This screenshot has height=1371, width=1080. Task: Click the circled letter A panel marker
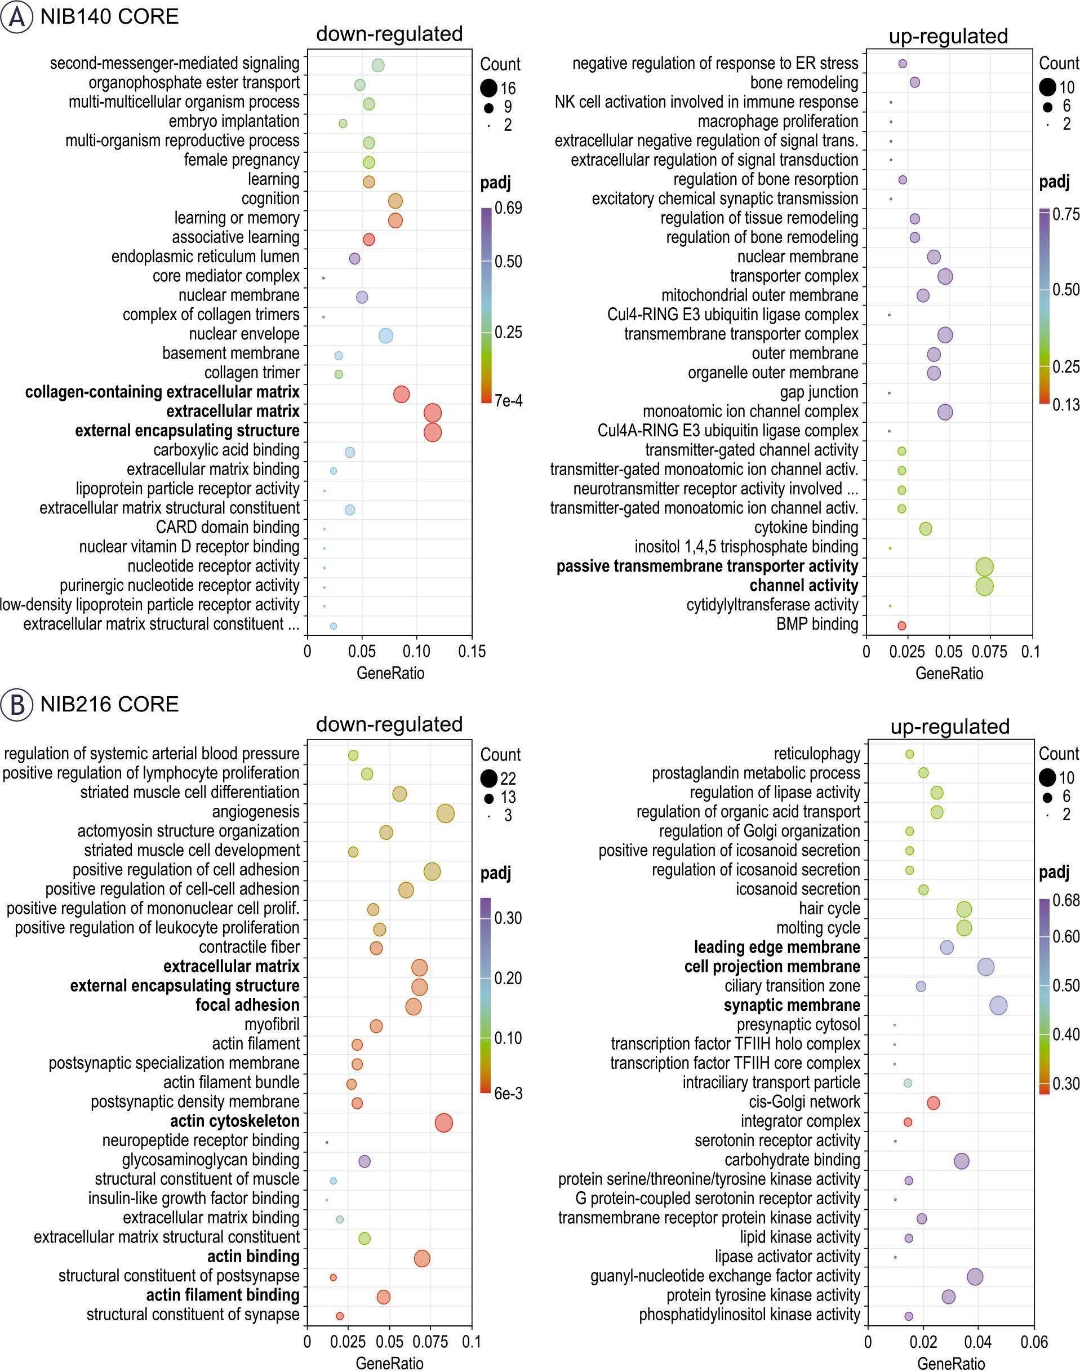coord(16,17)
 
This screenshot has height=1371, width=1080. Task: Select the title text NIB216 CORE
coord(109,704)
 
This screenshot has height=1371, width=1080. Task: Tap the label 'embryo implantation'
coord(233,121)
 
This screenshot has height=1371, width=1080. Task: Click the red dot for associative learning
coord(368,239)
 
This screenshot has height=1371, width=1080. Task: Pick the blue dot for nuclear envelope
coord(386,336)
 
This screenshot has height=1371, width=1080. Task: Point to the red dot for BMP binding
coord(901,626)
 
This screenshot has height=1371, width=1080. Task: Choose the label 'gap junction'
coord(819,392)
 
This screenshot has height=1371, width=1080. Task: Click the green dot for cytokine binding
coord(926,529)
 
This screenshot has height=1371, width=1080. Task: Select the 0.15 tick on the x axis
coord(472,652)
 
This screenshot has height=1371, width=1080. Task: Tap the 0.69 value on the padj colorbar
coord(508,208)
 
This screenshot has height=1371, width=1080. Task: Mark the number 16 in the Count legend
coord(508,89)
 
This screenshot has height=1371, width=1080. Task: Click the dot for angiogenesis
coord(446,813)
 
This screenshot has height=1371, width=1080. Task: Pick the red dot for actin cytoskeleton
coord(444,1123)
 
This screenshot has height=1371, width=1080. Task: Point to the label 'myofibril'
coord(272,1024)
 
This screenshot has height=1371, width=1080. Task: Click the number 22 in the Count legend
coord(508,779)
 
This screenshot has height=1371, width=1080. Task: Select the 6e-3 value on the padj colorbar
coord(508,1093)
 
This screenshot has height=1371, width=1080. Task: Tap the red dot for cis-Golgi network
coord(934,1103)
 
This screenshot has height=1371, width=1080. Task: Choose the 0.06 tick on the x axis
coord(1034,1342)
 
